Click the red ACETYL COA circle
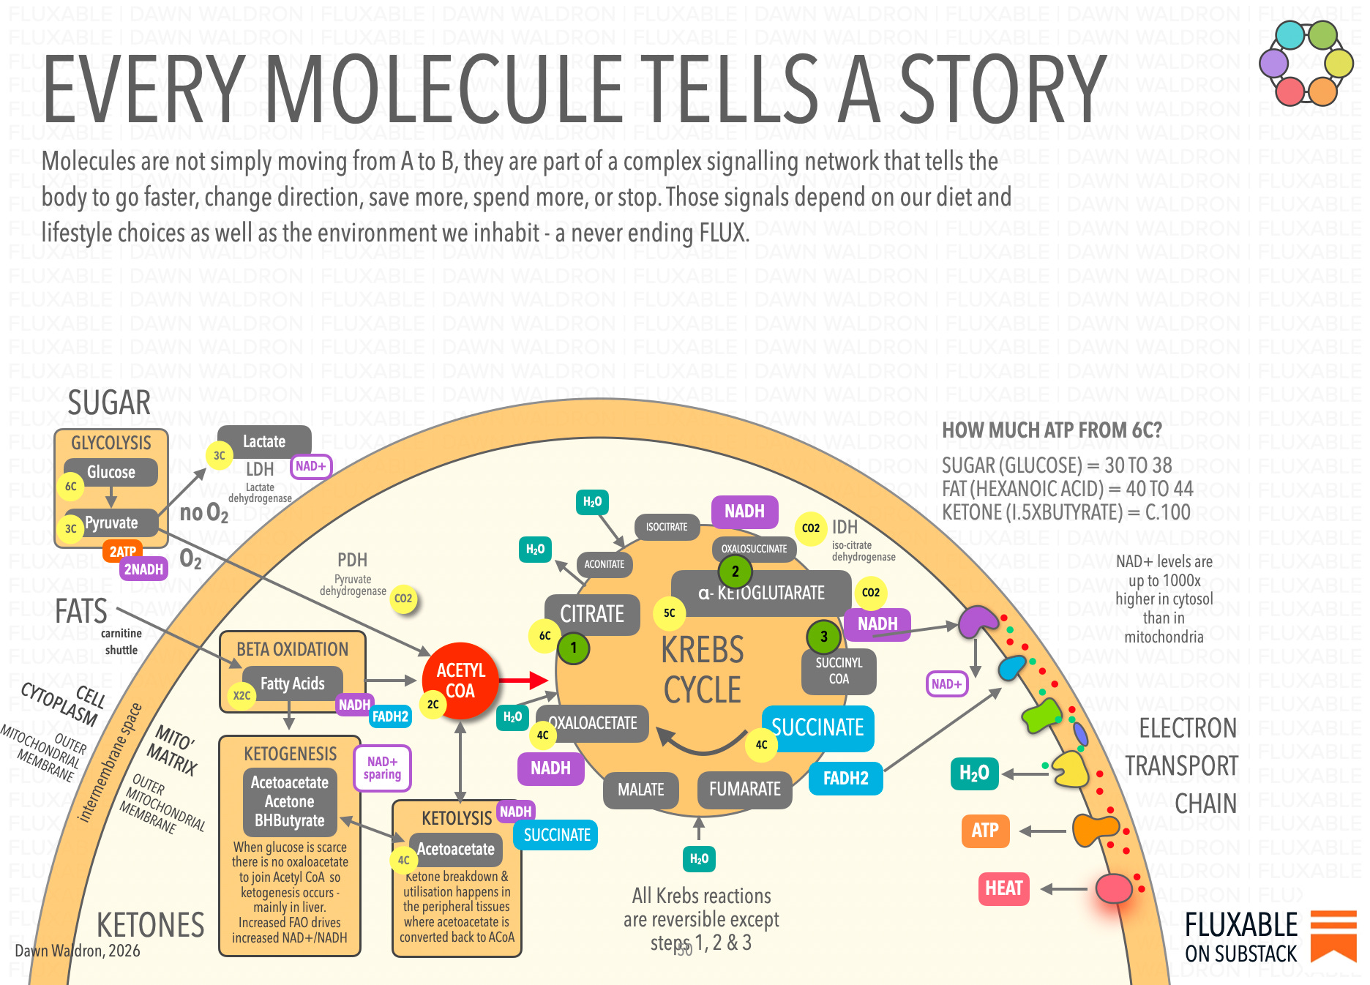(x=460, y=681)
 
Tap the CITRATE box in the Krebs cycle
(x=592, y=614)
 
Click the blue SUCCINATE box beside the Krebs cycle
(x=817, y=727)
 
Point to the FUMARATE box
(x=744, y=789)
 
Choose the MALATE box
(x=640, y=790)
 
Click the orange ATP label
(x=985, y=831)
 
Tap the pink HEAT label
(x=1003, y=888)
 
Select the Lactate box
(x=264, y=441)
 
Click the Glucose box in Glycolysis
(x=111, y=472)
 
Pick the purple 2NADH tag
(x=143, y=569)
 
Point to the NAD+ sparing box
(x=382, y=768)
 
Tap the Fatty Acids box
(x=292, y=683)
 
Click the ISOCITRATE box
(x=666, y=527)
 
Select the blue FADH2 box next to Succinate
(x=845, y=778)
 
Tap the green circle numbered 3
(x=823, y=637)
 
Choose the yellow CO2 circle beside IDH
(x=810, y=528)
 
